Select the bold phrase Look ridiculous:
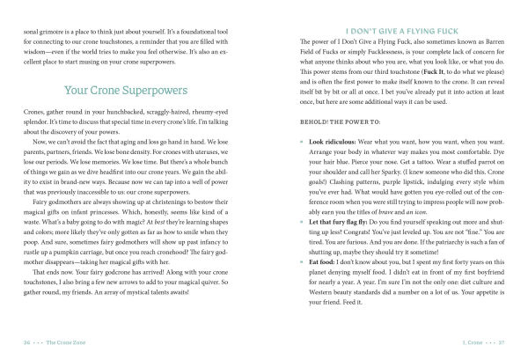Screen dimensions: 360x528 pyautogui.click(x=337, y=142)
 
